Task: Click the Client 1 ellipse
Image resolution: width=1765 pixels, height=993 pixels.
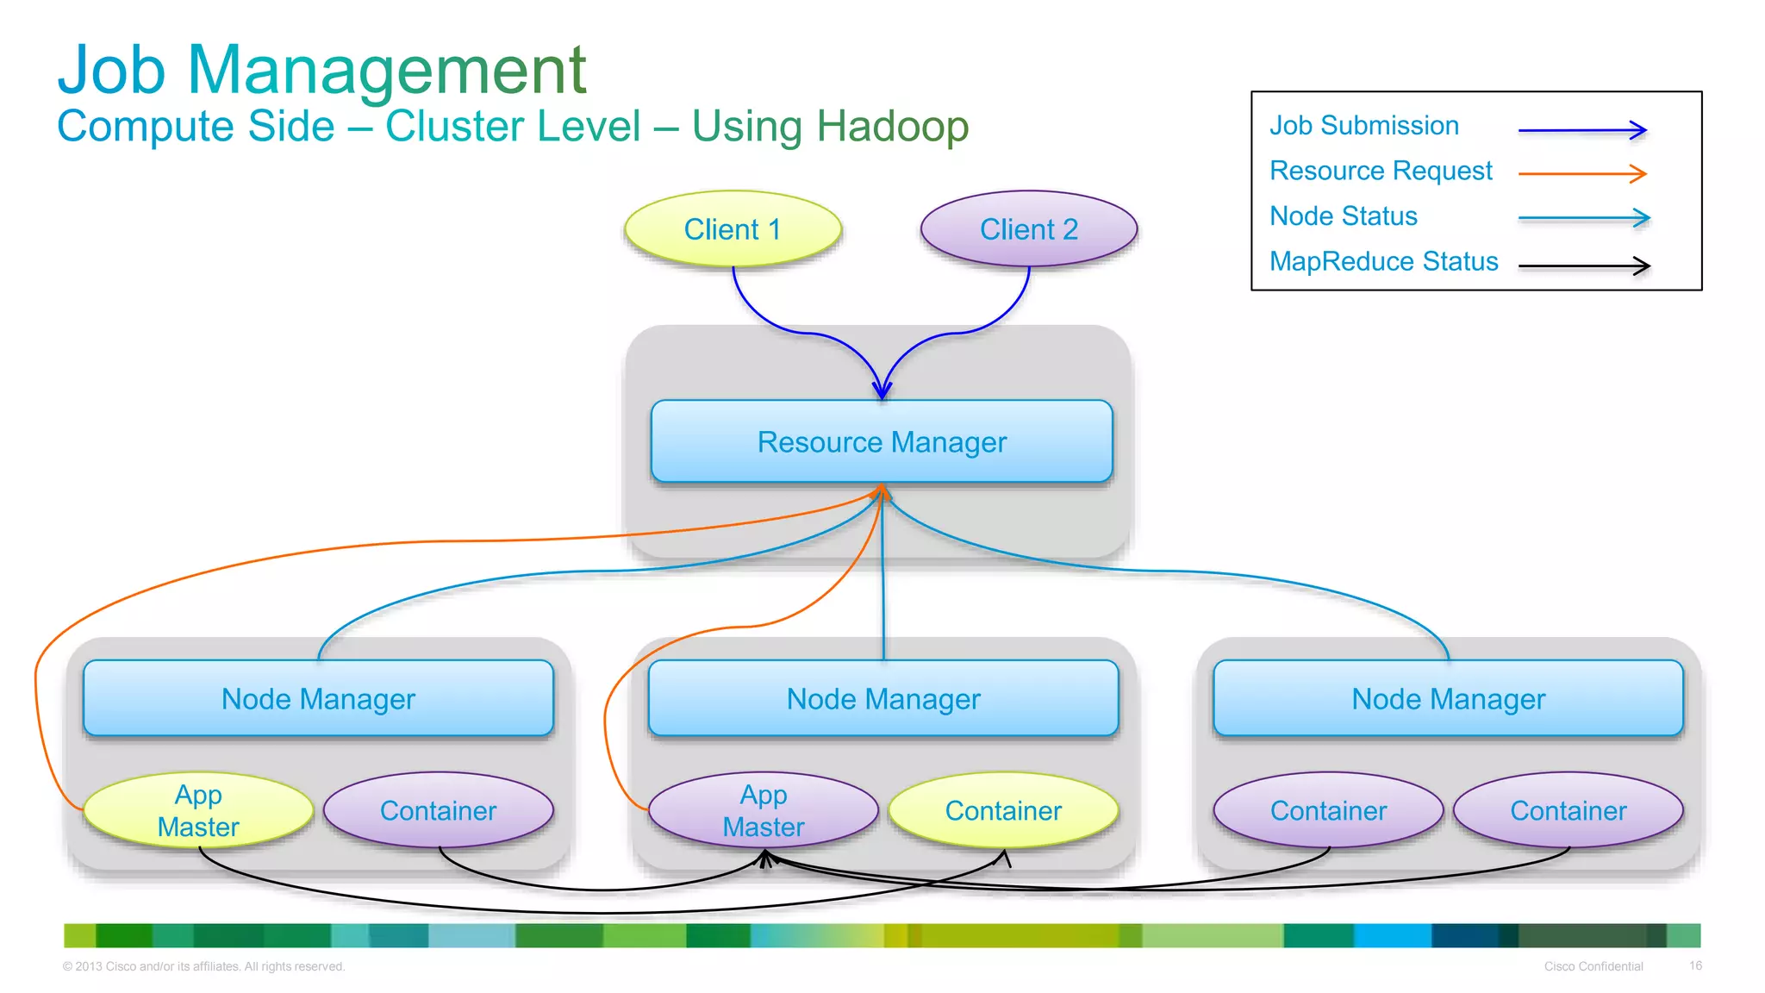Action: tap(733, 229)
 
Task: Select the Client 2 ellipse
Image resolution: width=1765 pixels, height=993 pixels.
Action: tap(1029, 229)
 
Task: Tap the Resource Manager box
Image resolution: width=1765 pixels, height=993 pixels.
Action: tap(882, 441)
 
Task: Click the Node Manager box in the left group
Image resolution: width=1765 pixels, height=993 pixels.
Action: tap(318, 698)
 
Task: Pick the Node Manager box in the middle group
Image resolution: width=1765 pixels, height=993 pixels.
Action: tap(883, 698)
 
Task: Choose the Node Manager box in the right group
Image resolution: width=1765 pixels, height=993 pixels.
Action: tap(1448, 698)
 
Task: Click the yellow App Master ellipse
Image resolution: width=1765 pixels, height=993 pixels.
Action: tap(198, 810)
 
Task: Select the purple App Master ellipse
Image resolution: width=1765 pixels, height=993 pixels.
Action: tap(764, 810)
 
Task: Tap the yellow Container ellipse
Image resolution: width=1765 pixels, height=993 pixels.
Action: tap(1003, 810)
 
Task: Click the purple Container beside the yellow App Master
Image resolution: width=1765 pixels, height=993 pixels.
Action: tap(438, 810)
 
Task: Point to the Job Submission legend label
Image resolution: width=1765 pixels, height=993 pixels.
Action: tap(1363, 126)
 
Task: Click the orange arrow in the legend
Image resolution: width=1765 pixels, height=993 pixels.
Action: tap(1582, 173)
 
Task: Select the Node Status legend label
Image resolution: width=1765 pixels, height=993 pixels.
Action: tap(1343, 216)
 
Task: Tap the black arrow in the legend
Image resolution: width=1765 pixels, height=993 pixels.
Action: tap(1584, 265)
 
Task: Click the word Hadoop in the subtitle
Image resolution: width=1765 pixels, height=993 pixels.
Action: tap(893, 127)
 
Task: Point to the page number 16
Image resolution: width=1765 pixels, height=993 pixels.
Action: tap(1695, 965)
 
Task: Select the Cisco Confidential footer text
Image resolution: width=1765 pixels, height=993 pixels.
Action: tap(1593, 966)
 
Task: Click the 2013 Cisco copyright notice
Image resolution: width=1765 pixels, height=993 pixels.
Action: tap(203, 966)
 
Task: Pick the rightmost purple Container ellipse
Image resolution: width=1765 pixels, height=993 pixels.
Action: tap(1568, 810)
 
